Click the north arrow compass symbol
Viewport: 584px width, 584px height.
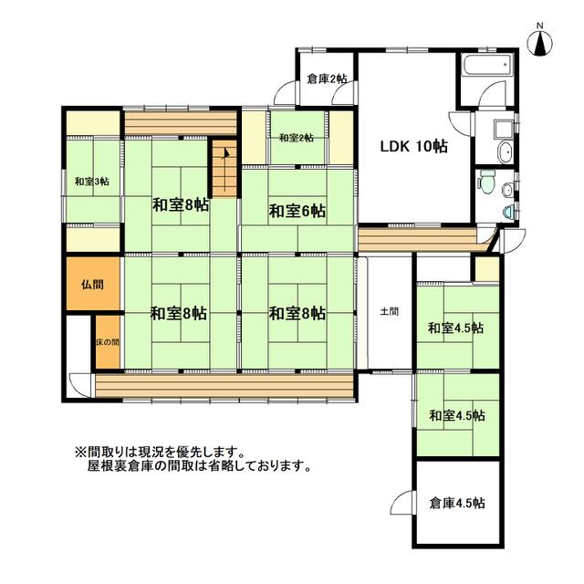[x=541, y=40]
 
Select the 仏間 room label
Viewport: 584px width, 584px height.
[x=91, y=284]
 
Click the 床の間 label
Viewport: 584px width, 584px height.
[x=107, y=341]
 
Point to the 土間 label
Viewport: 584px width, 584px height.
[x=389, y=311]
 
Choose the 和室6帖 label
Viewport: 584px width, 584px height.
[x=297, y=212]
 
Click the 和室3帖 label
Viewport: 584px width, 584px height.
[x=92, y=182]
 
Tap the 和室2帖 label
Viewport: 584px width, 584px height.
[x=297, y=138]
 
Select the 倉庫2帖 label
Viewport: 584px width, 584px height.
[x=326, y=79]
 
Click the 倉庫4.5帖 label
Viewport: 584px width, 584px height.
[x=456, y=503]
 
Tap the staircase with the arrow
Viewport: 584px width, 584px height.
[x=223, y=163]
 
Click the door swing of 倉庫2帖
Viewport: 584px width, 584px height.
[x=286, y=92]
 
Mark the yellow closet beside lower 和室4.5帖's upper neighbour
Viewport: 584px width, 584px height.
[x=485, y=268]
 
